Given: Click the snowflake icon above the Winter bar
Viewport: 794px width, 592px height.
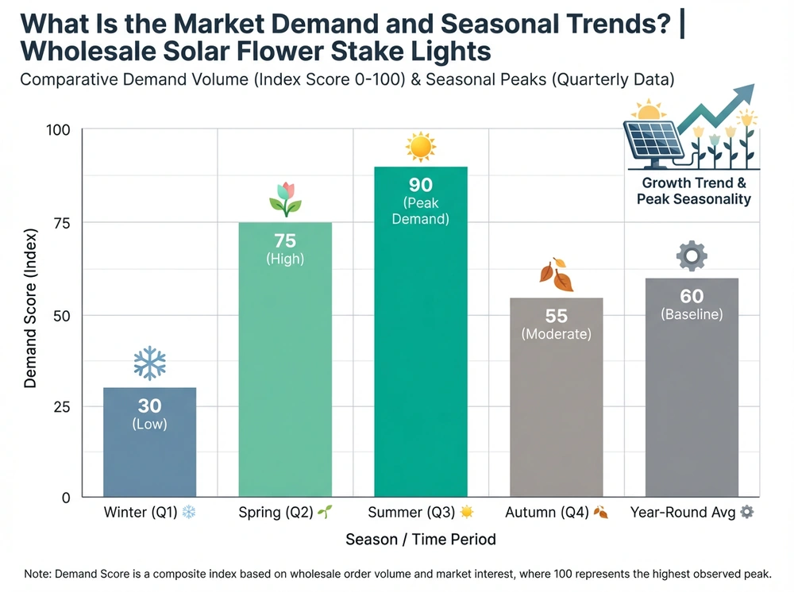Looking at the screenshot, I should tap(149, 363).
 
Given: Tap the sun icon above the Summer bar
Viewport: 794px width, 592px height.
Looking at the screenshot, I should tap(421, 147).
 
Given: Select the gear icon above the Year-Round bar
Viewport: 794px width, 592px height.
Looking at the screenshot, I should tap(692, 256).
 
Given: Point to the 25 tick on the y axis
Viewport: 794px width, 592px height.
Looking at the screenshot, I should tap(63, 406).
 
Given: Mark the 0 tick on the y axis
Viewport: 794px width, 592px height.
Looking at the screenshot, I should tap(67, 498).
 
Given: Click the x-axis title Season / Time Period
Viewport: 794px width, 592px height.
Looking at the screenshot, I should tap(421, 540).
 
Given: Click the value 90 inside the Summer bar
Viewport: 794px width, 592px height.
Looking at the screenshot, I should tap(421, 185).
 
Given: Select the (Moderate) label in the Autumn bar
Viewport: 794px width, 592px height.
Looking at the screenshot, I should tap(556, 334).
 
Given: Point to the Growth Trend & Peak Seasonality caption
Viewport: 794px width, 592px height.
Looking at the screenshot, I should tap(693, 190).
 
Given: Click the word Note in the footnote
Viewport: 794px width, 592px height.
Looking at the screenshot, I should tap(37, 573).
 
